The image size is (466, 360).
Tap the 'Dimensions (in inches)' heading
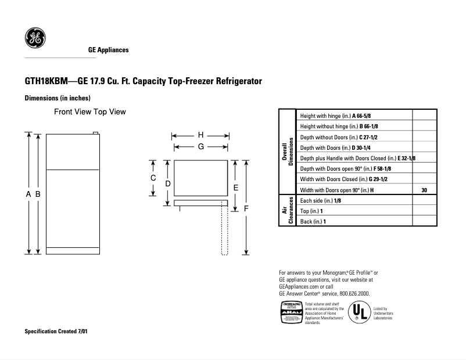[58, 98]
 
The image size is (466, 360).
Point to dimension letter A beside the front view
[28, 195]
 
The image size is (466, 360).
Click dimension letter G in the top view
[200, 147]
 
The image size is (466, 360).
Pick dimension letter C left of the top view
[153, 178]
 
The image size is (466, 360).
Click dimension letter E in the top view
[235, 188]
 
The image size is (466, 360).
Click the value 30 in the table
[424, 190]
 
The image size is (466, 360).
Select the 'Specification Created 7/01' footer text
[57, 332]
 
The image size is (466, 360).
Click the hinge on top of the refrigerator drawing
[95, 133]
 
